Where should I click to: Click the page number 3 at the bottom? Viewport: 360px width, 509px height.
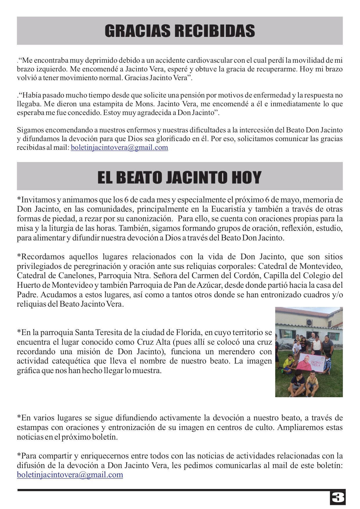[337, 498]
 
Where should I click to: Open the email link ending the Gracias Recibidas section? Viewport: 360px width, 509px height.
[119, 148]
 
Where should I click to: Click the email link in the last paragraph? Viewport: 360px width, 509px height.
[70, 475]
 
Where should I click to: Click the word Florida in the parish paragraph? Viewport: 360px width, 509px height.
[189, 332]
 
